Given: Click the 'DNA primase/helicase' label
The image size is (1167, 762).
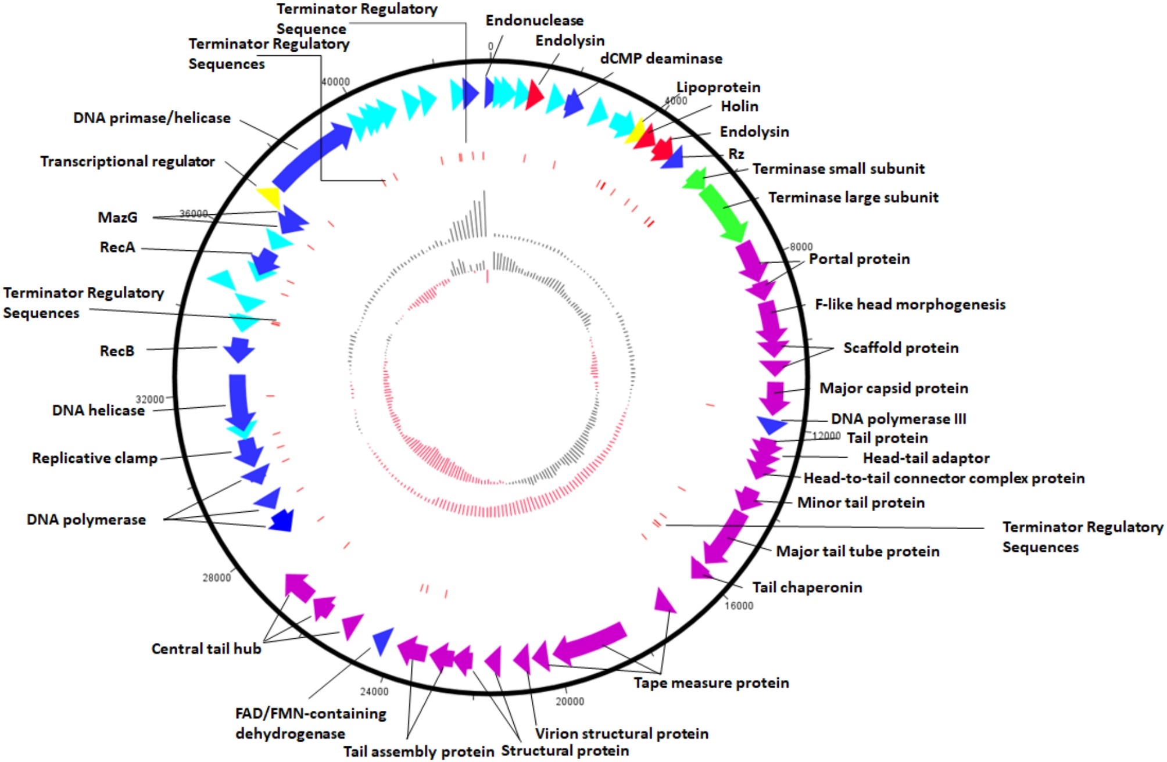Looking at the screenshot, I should [152, 118].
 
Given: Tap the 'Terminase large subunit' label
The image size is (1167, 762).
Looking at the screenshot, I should [853, 197].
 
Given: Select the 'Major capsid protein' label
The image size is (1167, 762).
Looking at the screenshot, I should [894, 388].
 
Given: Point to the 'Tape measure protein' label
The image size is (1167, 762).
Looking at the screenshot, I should [711, 683].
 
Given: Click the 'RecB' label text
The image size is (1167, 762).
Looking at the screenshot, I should [117, 351].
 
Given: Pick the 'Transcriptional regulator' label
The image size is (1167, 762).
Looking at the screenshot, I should [127, 161].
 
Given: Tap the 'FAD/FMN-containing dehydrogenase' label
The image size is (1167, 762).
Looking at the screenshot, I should [310, 723].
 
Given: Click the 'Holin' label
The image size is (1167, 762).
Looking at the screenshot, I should [739, 106].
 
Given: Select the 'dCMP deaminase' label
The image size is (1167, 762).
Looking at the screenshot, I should [661, 59].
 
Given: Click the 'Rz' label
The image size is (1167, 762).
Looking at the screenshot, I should [736, 154].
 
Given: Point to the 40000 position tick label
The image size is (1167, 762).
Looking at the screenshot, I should [335, 82].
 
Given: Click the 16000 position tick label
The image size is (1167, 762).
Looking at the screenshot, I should [739, 606].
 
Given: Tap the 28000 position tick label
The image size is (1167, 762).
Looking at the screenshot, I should [216, 577].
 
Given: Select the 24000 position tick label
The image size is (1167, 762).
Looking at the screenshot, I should [374, 691].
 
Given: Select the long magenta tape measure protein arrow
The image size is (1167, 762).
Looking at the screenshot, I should [590, 642].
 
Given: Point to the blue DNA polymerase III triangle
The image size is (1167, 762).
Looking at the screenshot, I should [771, 425].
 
